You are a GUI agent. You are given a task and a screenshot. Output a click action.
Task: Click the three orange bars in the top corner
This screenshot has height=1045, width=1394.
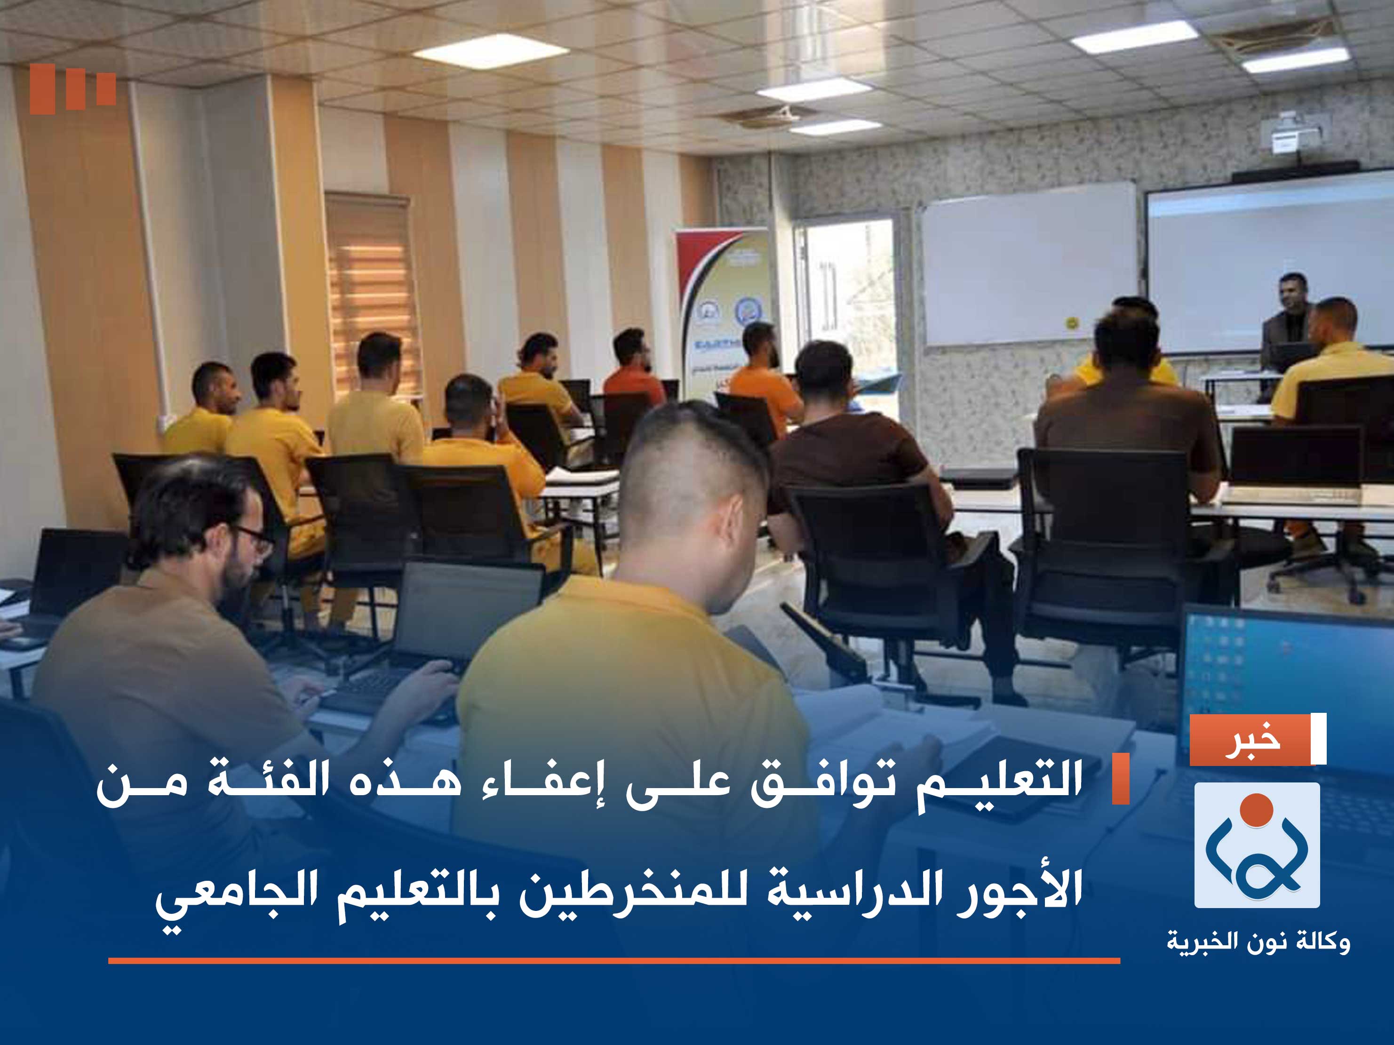72,89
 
